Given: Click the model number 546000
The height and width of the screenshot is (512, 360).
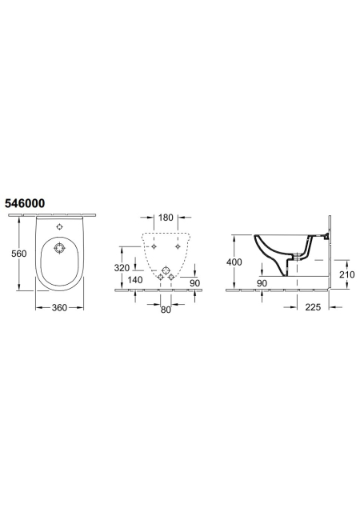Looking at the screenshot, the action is (25, 203).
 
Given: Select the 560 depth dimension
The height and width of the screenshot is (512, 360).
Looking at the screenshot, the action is (19, 254).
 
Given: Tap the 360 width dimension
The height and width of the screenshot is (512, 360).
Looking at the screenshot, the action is (59, 307).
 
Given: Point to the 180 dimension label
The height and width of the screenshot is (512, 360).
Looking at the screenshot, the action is (166, 218).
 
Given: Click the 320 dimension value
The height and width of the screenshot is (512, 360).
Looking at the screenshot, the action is (122, 268).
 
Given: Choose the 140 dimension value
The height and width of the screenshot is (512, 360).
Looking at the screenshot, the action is (135, 280).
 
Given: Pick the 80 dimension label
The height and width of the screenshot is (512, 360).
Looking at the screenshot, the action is (166, 310).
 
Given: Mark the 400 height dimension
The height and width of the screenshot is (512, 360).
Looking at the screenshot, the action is (234, 262).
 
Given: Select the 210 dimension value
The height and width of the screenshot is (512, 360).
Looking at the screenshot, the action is (346, 274).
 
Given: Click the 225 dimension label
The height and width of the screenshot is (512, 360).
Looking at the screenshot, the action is (313, 307).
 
